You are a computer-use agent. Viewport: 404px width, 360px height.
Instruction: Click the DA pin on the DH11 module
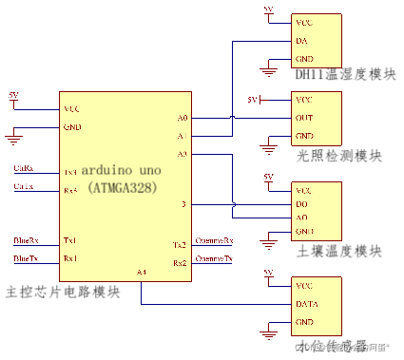301,41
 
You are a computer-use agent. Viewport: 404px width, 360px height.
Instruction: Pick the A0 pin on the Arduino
183,118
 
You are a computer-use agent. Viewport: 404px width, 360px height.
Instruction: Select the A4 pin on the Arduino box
142,273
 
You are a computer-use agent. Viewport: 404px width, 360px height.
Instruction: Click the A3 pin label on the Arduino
183,153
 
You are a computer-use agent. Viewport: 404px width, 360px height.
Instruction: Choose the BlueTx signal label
26,257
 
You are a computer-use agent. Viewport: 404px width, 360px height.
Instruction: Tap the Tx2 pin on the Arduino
180,244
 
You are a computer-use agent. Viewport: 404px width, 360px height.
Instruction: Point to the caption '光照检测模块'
338,155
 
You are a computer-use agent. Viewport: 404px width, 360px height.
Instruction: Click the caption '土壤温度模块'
338,250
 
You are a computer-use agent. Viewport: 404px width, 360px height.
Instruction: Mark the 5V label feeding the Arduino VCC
12,95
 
